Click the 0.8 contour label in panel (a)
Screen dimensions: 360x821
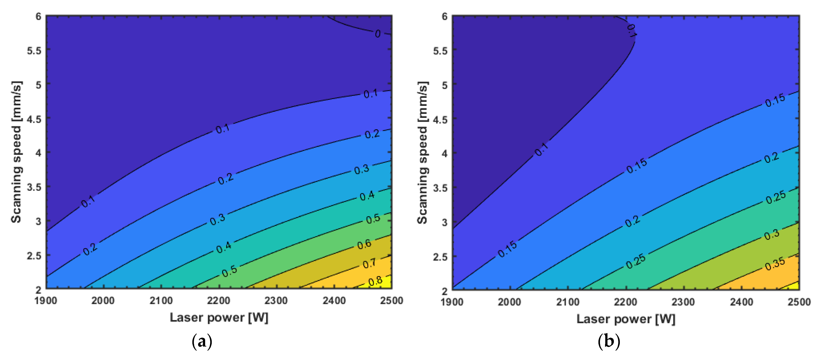click(x=375, y=281)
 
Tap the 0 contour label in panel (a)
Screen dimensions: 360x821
click(x=378, y=34)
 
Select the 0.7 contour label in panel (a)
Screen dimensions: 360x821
click(x=369, y=264)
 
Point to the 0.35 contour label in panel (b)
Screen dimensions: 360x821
click(x=775, y=264)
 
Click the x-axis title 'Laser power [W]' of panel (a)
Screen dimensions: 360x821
click(x=219, y=318)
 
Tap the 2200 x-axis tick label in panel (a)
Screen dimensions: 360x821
click(x=218, y=301)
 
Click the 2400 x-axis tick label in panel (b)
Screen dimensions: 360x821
click(x=741, y=302)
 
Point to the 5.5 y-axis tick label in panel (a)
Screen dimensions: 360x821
click(x=34, y=50)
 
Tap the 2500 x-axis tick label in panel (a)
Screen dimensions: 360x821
click(x=391, y=301)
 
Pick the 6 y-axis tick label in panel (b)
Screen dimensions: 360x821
click(x=444, y=16)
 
